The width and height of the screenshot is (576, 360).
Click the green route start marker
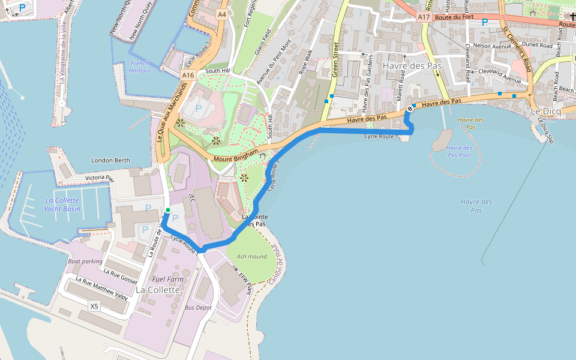coord(168,209)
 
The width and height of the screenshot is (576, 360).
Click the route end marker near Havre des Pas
coord(410,109)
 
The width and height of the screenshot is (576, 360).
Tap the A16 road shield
coord(188,75)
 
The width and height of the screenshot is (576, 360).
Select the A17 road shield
coord(424,18)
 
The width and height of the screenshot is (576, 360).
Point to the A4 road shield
coord(223,14)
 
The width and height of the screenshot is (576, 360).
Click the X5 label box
coord(94,307)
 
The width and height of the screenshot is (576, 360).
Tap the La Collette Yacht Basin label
coord(62,205)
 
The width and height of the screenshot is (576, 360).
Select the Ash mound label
coord(252,256)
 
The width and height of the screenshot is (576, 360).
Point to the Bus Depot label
coord(199,307)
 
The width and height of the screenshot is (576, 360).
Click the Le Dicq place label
coord(545,112)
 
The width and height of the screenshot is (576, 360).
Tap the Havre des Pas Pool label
coord(458,151)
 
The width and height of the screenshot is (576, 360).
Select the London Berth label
coord(110,160)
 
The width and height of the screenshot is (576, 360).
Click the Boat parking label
coord(86,261)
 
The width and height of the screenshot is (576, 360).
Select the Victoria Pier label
coord(100,178)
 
